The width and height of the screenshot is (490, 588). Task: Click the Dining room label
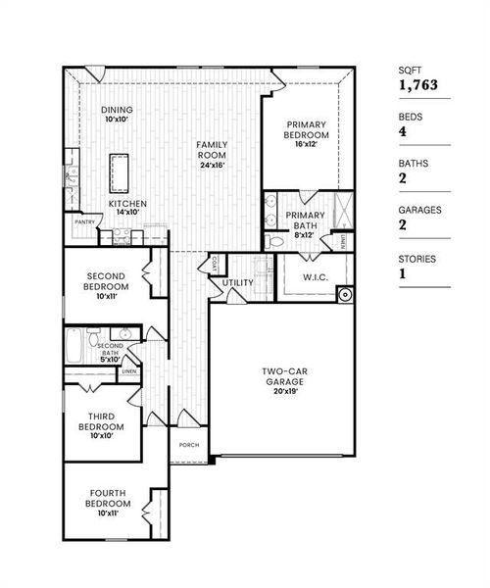click(x=116, y=110)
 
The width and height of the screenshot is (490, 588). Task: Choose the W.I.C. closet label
click(x=316, y=276)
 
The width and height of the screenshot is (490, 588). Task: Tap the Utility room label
click(x=238, y=283)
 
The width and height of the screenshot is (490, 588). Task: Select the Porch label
click(x=189, y=444)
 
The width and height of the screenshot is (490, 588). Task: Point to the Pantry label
click(x=84, y=221)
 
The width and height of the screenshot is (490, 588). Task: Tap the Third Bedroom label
click(x=101, y=421)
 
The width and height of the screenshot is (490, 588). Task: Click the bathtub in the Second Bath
click(x=74, y=345)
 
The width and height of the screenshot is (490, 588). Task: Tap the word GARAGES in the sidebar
click(x=419, y=210)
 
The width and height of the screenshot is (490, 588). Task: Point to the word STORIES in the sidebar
click(x=417, y=259)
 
